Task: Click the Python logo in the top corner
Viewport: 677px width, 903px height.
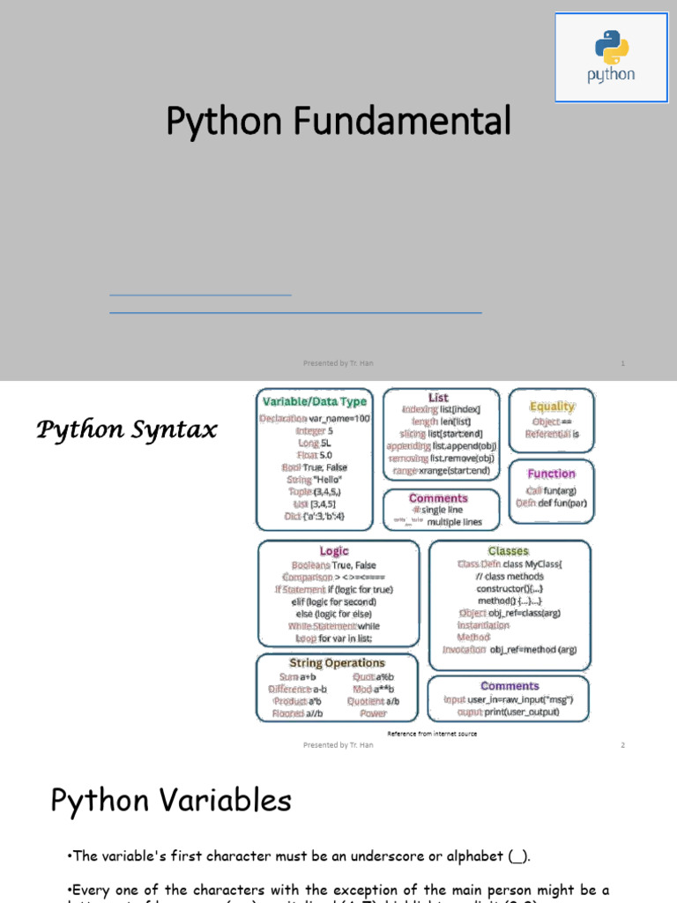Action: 611,57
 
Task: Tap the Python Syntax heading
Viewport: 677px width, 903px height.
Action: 126,430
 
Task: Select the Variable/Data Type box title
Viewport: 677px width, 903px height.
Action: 314,402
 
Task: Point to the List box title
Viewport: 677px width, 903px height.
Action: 438,398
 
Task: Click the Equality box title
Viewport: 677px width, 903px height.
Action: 552,407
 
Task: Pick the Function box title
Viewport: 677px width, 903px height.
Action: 551,474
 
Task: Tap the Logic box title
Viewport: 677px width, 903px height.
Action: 334,551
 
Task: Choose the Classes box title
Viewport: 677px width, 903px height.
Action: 508,551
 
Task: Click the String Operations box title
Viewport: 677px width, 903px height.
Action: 337,663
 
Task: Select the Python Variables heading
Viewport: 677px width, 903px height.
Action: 170,801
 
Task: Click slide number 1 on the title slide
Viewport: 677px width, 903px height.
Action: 622,362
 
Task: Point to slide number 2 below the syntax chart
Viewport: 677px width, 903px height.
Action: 622,745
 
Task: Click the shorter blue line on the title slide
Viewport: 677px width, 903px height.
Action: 200,295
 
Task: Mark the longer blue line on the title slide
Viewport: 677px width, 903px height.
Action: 295,312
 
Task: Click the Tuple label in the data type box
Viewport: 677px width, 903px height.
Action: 300,491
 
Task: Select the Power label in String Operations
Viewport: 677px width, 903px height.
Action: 373,713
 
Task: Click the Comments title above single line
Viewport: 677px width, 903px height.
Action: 438,498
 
